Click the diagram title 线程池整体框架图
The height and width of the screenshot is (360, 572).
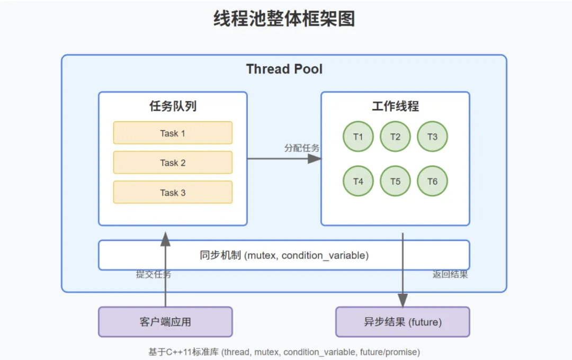tap(284, 19)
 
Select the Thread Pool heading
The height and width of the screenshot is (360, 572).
tap(284, 69)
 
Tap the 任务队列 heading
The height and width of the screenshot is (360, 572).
tap(173, 106)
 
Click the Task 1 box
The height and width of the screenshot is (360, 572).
tap(173, 133)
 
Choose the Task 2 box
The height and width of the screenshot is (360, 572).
tap(173, 163)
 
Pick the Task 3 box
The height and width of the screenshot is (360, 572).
tap(173, 192)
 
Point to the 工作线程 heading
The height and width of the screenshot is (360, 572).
tap(395, 106)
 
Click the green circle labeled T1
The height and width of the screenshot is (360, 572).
tap(358, 137)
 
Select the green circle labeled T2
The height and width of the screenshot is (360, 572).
tap(395, 137)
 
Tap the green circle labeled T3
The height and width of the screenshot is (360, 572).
tap(432, 137)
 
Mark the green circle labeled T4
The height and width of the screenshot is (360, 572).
tap(358, 181)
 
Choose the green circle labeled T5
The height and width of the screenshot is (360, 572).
tap(395, 181)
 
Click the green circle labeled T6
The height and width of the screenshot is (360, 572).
tap(432, 181)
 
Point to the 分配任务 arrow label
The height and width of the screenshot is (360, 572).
tap(302, 148)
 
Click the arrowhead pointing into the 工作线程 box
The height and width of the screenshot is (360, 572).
tap(315, 158)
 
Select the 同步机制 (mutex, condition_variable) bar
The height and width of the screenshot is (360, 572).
tap(284, 255)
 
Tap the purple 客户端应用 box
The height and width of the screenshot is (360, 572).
tap(165, 322)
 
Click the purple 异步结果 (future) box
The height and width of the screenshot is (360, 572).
tap(403, 322)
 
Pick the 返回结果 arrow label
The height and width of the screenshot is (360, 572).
tap(450, 275)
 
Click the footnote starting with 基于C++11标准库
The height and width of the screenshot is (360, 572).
tap(284, 352)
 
